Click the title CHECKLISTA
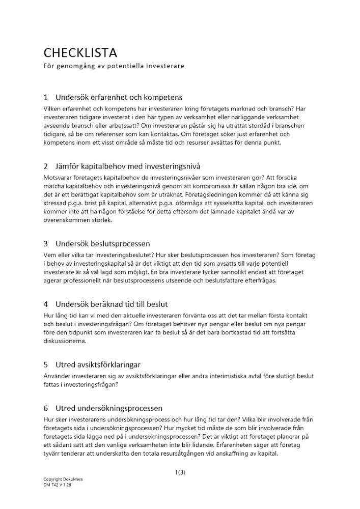80,53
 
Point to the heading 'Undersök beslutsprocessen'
102,243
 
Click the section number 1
46,97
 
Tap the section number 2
46,166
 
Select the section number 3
46,243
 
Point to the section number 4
46,304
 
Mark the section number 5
46,364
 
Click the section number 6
46,408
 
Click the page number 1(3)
180,472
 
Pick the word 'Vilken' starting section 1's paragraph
52,108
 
